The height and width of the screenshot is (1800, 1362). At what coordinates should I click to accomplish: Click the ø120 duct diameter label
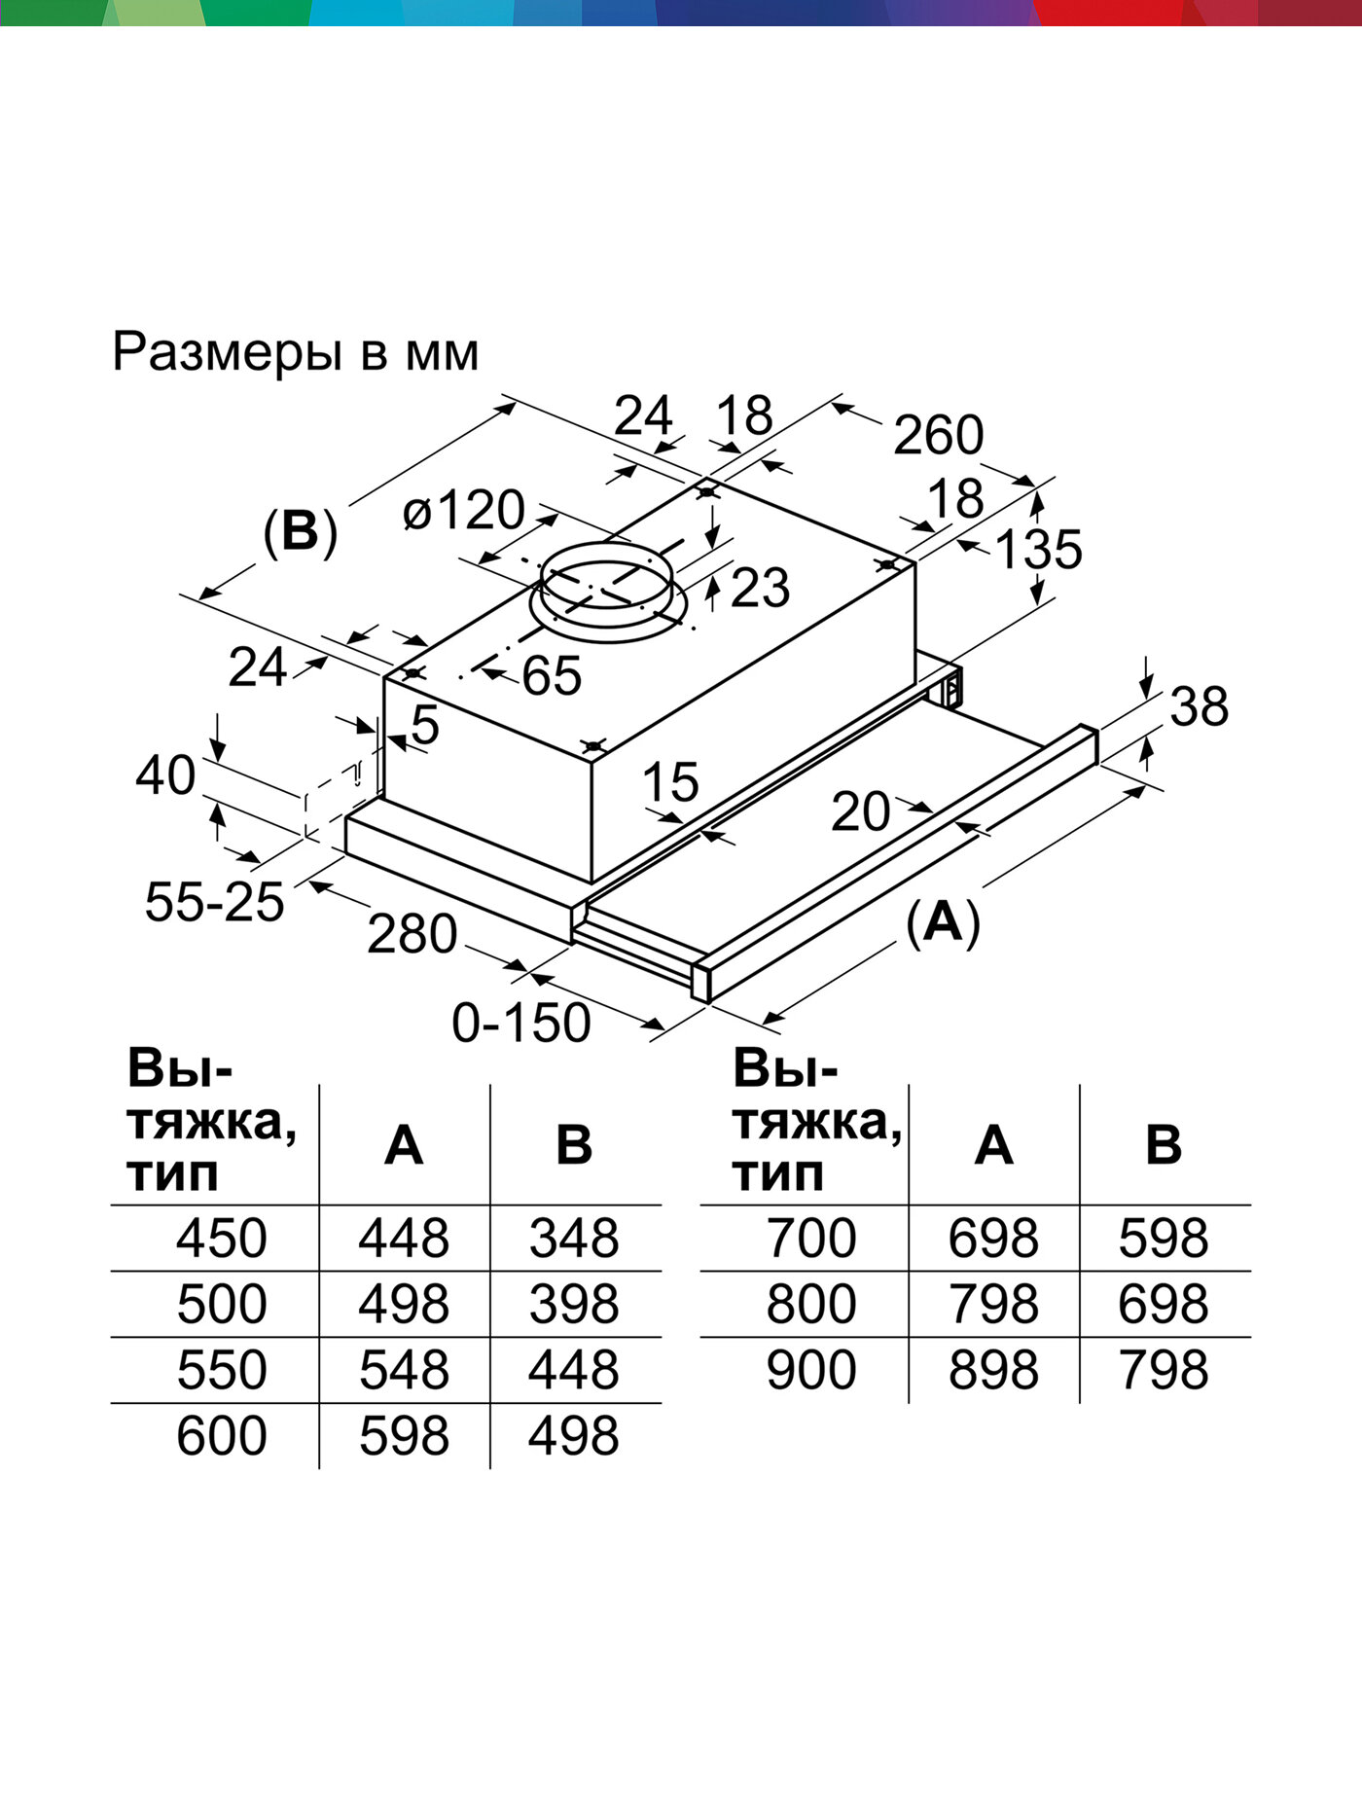click(464, 510)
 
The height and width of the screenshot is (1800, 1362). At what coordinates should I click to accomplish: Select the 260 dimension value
click(938, 435)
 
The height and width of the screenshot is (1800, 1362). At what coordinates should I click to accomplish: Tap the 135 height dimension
click(1039, 549)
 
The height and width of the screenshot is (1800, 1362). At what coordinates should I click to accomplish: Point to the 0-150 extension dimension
click(521, 1023)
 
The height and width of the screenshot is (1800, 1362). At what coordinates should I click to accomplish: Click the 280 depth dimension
click(412, 934)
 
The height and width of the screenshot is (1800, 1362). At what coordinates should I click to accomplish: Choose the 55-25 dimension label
click(214, 901)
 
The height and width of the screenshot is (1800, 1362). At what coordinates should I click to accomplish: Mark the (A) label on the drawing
click(942, 920)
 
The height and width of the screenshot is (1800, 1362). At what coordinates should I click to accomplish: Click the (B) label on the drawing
click(300, 532)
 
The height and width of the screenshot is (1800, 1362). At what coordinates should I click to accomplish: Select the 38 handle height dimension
click(1199, 706)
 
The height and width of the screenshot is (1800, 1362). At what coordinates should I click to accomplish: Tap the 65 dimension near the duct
click(552, 675)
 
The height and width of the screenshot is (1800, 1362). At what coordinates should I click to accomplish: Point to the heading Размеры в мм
click(296, 352)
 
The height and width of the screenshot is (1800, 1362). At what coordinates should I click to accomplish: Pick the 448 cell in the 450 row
click(404, 1239)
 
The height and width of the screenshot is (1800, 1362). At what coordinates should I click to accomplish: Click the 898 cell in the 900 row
click(993, 1370)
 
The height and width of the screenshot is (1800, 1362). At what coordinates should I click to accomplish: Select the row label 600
click(221, 1436)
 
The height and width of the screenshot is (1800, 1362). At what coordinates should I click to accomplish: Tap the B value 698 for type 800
click(1164, 1304)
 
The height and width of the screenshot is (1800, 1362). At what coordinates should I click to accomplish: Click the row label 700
click(810, 1239)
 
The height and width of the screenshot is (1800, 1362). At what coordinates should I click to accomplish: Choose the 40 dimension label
click(164, 775)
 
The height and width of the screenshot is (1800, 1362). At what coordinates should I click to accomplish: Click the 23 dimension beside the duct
click(760, 589)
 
